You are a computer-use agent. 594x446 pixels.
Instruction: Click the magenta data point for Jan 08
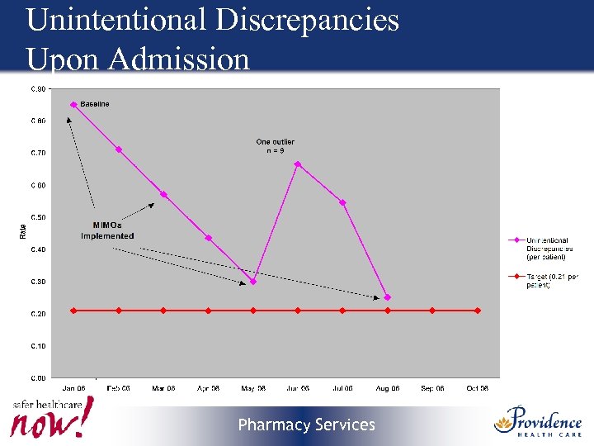[73, 105]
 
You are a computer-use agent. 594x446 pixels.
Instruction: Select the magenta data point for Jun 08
[298, 164]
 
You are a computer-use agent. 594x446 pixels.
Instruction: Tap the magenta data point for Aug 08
[388, 297]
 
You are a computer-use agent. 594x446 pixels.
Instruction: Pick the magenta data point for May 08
[253, 282]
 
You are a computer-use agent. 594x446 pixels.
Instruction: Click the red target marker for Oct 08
[477, 311]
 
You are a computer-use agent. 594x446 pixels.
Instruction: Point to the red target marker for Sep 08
[432, 311]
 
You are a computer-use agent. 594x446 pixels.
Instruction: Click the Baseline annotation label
[95, 104]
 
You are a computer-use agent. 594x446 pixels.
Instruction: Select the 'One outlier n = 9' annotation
[275, 146]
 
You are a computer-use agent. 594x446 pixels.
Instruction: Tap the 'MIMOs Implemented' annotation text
[107, 230]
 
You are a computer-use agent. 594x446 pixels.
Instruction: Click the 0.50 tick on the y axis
[39, 217]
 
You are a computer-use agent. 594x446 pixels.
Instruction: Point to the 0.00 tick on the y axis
[39, 378]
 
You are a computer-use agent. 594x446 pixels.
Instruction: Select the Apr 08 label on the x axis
[208, 387]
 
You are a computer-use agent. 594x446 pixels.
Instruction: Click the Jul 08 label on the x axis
[342, 387]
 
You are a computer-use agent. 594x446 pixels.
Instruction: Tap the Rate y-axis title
[22, 233]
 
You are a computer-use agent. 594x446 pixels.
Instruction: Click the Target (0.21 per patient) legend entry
[550, 281]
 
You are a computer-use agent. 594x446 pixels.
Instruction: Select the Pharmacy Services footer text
[306, 425]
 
